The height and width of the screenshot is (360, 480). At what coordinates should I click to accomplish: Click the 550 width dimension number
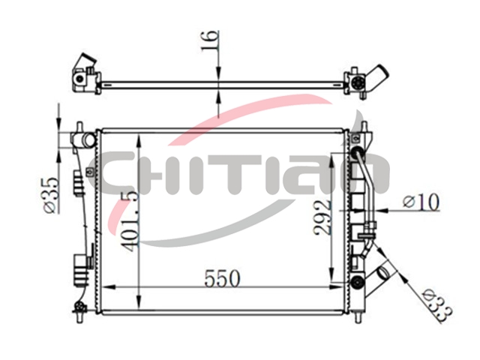coord(222,278)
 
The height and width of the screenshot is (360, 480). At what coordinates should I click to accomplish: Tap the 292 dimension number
coord(322,217)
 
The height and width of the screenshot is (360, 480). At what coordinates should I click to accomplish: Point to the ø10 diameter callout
coord(421,202)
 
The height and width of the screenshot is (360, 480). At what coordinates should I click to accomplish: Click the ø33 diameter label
coord(437,306)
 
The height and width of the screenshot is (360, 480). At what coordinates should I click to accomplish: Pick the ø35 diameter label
coord(50,195)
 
